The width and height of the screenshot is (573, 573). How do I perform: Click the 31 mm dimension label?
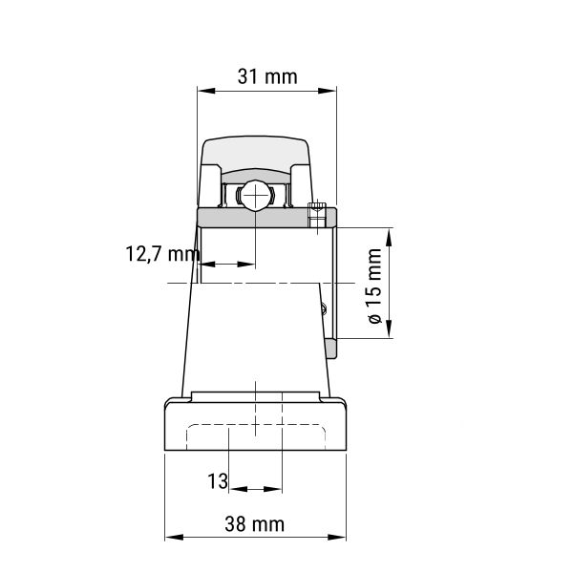(267, 77)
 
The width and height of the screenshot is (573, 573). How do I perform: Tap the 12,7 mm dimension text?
(162, 254)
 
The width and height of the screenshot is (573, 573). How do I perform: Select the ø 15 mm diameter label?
(374, 286)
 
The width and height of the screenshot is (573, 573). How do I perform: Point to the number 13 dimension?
(218, 481)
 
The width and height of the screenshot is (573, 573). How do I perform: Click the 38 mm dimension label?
(255, 524)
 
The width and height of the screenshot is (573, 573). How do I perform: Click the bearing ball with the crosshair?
(255, 196)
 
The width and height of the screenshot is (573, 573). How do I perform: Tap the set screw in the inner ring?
(317, 215)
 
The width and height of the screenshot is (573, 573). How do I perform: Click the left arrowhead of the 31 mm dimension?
(206, 91)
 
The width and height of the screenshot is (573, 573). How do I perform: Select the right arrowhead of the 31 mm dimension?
(327, 91)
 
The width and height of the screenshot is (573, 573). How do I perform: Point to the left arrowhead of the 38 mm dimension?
(174, 537)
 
